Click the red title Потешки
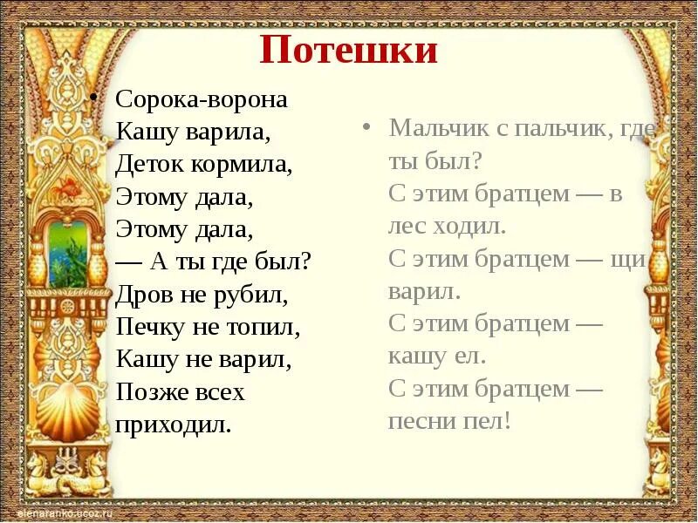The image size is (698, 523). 348,51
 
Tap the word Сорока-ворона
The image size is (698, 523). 202,99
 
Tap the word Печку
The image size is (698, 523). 147,328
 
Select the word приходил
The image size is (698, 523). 174,425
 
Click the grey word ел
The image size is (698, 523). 473,357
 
